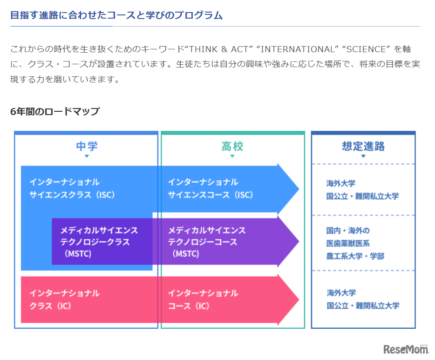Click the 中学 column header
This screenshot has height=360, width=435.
click(x=87, y=146)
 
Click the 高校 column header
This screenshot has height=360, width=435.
click(x=232, y=146)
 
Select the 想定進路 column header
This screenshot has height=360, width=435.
click(x=363, y=146)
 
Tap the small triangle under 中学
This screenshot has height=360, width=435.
click(x=87, y=156)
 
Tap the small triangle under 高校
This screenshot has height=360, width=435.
click(x=232, y=156)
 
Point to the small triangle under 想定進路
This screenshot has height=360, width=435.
click(x=363, y=156)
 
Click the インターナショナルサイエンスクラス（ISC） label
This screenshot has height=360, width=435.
click(x=72, y=188)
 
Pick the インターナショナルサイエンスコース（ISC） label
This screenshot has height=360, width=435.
click(x=211, y=188)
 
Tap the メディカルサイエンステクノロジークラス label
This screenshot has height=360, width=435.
click(x=99, y=242)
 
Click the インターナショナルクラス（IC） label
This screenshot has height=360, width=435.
click(x=64, y=299)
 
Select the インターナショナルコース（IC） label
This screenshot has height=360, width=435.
click(x=203, y=299)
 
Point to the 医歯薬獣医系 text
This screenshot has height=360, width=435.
click(x=348, y=243)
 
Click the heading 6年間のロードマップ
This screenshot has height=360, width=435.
click(x=55, y=111)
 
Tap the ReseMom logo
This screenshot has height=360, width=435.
click(x=406, y=349)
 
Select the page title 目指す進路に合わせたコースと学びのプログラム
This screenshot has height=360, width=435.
click(x=116, y=15)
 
